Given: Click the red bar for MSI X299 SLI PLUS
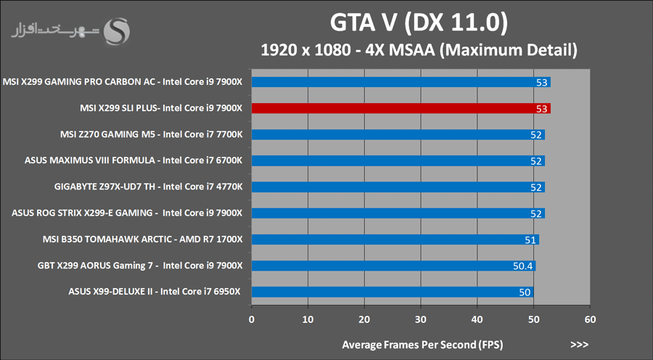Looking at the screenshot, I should (399, 108).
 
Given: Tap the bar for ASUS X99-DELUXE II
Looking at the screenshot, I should (392, 292).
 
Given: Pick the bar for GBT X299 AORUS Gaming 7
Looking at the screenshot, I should (392, 266).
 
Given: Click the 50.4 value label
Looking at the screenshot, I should (522, 266).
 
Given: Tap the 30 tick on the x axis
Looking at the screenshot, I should (421, 319).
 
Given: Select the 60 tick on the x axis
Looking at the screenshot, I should (590, 319).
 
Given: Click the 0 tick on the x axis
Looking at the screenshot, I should (252, 319).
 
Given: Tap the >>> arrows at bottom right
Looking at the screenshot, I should (579, 343).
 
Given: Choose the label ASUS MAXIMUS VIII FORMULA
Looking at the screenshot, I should (138, 160).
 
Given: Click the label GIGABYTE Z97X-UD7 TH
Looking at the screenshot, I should (148, 187).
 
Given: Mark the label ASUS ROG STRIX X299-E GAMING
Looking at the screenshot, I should (127, 213).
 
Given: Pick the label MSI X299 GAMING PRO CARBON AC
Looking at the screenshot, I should (123, 82).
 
